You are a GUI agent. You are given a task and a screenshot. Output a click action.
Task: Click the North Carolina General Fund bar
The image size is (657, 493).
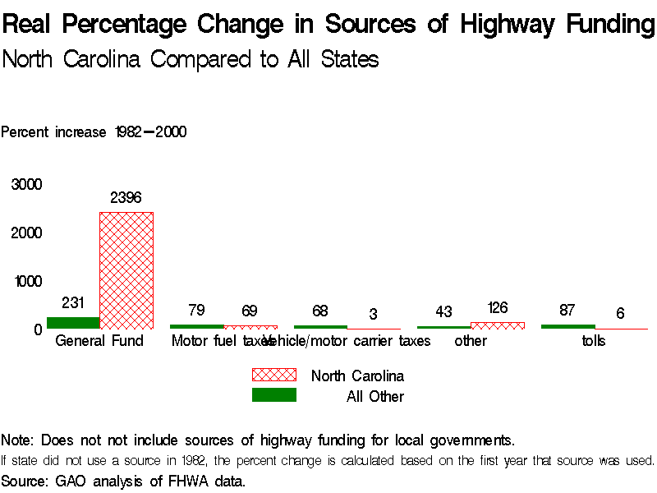click(x=126, y=270)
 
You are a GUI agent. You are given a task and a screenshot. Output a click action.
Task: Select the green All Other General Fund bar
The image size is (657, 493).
click(x=73, y=323)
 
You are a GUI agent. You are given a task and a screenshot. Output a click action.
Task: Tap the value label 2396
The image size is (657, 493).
click(x=126, y=198)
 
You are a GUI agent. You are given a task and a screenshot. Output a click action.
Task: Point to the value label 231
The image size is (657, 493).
click(x=73, y=303)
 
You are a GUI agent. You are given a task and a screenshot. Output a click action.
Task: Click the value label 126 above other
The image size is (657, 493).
click(x=498, y=308)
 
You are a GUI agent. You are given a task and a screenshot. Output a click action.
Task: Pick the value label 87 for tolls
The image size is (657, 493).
click(x=567, y=311)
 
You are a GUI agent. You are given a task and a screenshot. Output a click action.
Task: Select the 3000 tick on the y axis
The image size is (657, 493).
click(x=27, y=185)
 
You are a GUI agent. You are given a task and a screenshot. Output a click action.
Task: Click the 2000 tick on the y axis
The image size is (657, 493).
click(x=27, y=233)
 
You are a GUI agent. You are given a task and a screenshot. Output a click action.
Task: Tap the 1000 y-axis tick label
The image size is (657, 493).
click(x=27, y=282)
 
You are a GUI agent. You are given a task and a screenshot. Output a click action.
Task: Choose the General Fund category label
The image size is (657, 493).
click(x=99, y=341)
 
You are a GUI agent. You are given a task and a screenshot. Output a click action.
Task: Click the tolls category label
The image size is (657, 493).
click(x=594, y=341)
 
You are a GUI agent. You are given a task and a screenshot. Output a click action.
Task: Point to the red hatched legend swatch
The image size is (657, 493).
click(x=273, y=375)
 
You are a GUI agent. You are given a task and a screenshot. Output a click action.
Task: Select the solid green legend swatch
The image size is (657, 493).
click(x=273, y=395)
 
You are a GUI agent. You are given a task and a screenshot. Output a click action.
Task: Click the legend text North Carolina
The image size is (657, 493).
click(x=357, y=376)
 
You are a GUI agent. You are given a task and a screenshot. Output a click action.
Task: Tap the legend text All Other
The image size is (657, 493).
click(x=375, y=397)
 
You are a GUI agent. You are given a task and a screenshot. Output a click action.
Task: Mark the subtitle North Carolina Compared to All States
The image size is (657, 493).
click(x=191, y=60)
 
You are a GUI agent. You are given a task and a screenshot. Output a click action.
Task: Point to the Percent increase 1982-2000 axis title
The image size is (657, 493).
click(x=94, y=132)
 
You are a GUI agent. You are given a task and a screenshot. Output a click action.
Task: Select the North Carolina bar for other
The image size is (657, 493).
click(x=498, y=325)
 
